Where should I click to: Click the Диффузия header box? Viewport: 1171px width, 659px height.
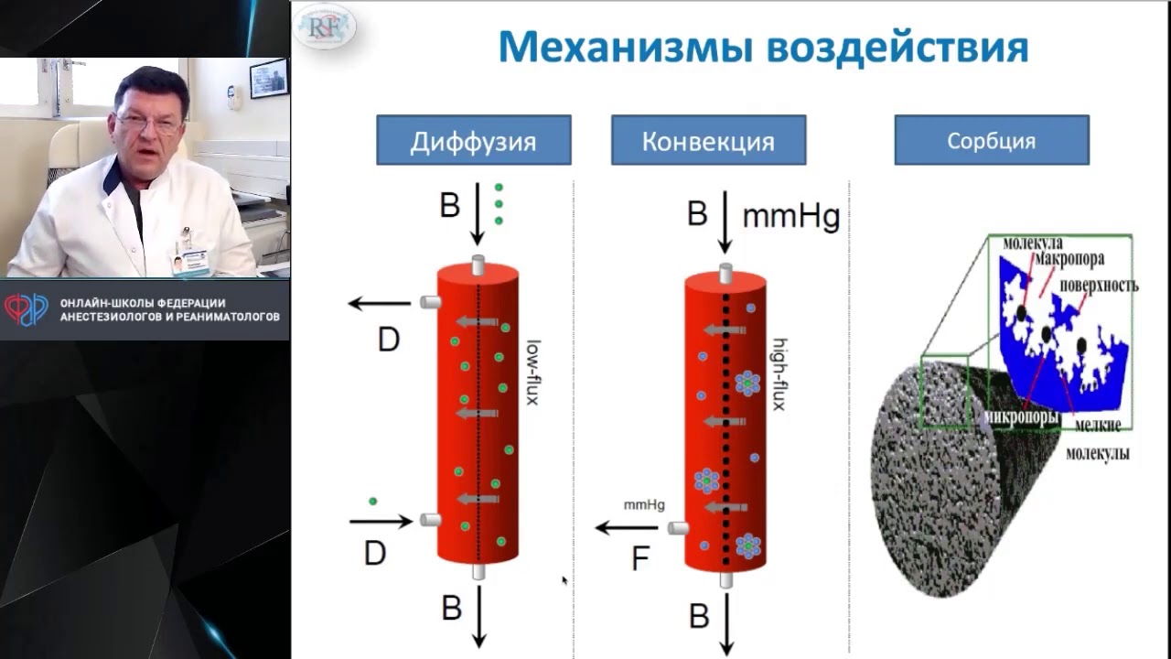click(473, 140)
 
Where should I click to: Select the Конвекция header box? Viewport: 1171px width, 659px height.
click(708, 140)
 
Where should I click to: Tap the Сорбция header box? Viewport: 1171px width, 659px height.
click(992, 140)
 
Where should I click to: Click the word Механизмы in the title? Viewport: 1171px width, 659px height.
click(624, 47)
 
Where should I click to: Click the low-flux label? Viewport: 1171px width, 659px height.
click(532, 373)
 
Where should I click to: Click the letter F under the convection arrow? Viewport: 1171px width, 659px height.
click(640, 558)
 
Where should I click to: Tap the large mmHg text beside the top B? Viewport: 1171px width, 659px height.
click(790, 216)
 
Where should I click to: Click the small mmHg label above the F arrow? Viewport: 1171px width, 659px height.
click(644, 504)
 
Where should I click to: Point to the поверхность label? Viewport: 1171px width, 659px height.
click(1099, 286)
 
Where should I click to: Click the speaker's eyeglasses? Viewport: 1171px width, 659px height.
click(150, 124)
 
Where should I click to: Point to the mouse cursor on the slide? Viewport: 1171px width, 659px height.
click(564, 579)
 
